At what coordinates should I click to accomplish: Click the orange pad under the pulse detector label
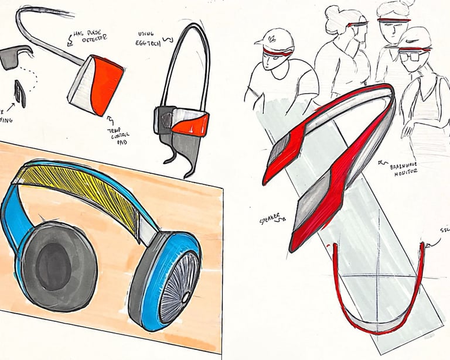106,88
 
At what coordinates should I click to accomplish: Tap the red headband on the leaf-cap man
278,53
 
